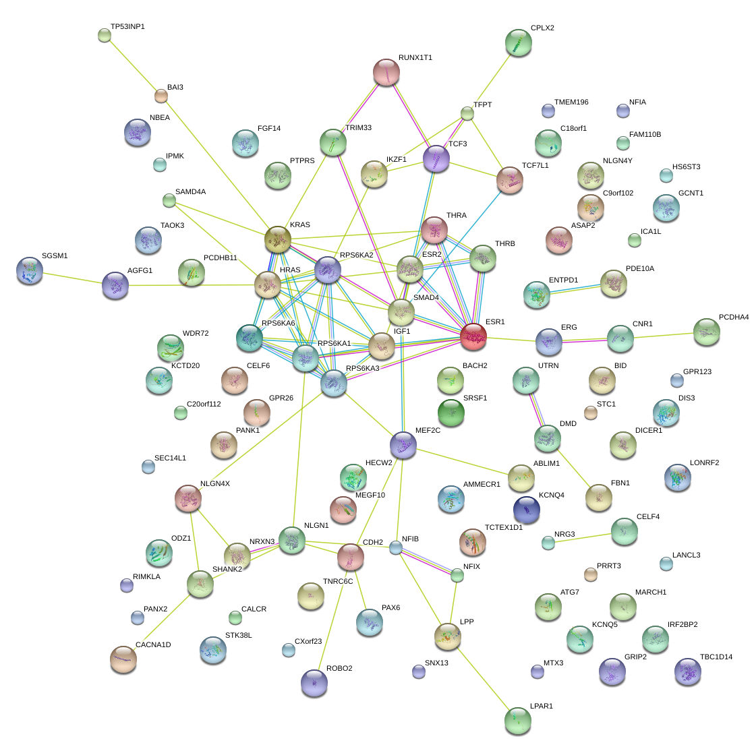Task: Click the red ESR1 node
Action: pyautogui.click(x=473, y=336)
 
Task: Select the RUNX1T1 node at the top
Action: pyautogui.click(x=386, y=72)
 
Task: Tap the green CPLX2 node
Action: pyautogui.click(x=518, y=42)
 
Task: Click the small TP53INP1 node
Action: pyautogui.click(x=104, y=35)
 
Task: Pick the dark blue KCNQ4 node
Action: pyautogui.click(x=526, y=509)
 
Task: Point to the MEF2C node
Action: pyautogui.click(x=403, y=444)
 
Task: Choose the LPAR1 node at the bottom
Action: pyautogui.click(x=517, y=720)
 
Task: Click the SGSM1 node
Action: pyautogui.click(x=29, y=270)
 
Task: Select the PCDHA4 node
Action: pyautogui.click(x=706, y=331)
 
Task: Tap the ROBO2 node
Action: pyautogui.click(x=314, y=682)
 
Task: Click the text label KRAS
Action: pyautogui.click(x=299, y=224)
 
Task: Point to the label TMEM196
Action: pyautogui.click(x=571, y=102)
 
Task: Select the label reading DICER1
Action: pyautogui.click(x=649, y=431)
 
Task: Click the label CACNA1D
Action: pyautogui.click(x=153, y=645)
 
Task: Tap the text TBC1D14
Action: pyautogui.click(x=716, y=657)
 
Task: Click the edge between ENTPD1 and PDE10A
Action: pyautogui.click(x=575, y=288)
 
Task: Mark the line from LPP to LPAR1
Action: pyautogui.click(x=482, y=677)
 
